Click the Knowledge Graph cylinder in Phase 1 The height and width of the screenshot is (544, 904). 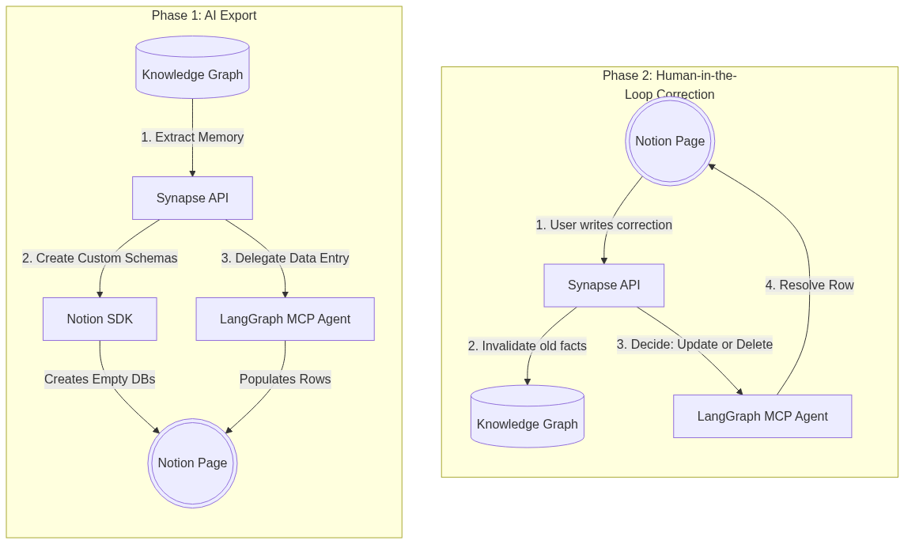[x=192, y=67]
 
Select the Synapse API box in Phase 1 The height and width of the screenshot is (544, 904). [x=192, y=198]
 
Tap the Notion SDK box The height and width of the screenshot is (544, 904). [x=100, y=319]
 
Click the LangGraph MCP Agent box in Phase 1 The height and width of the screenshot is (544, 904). [x=286, y=319]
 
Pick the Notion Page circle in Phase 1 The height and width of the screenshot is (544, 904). [x=192, y=463]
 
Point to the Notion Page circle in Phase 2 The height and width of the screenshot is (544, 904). [x=670, y=142]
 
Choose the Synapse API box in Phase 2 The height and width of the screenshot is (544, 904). [x=604, y=285]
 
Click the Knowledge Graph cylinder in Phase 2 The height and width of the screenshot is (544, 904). [x=528, y=417]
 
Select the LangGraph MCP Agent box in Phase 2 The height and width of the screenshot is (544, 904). [x=762, y=417]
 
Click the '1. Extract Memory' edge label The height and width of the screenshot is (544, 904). [x=192, y=137]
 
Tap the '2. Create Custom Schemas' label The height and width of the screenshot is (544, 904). [x=100, y=259]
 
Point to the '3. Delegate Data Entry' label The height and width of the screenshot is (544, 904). [x=286, y=259]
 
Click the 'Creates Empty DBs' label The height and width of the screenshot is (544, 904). [x=100, y=380]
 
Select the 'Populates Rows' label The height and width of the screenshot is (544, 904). [x=286, y=380]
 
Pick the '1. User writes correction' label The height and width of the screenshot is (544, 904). [x=604, y=225]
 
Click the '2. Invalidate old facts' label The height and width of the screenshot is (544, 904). [x=528, y=346]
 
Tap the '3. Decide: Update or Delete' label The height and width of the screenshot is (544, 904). [x=694, y=345]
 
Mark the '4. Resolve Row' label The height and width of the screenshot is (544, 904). [x=809, y=285]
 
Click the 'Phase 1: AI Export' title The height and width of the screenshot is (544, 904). [x=204, y=16]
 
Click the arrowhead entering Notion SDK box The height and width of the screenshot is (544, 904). [x=100, y=294]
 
